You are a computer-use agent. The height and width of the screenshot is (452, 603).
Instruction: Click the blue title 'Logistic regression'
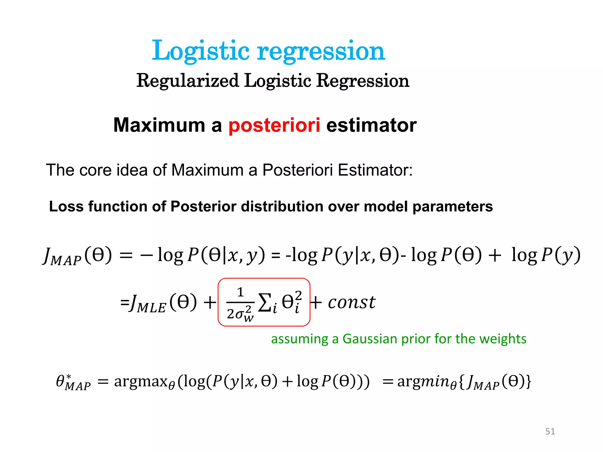pyautogui.click(x=268, y=51)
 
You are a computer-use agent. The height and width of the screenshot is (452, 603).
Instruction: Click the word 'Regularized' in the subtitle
pyautogui.click(x=188, y=81)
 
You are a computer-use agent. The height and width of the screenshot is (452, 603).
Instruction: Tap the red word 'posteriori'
pyautogui.click(x=274, y=125)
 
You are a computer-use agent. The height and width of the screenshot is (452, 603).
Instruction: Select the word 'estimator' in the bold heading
pyautogui.click(x=371, y=125)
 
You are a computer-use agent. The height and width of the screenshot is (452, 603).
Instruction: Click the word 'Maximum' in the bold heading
pyautogui.click(x=159, y=125)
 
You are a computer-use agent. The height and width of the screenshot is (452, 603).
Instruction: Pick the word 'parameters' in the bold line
pyautogui.click(x=453, y=206)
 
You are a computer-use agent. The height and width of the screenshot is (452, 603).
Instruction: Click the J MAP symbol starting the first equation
pyautogui.click(x=62, y=256)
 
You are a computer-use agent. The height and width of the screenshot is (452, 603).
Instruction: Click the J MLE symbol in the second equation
pyautogui.click(x=148, y=303)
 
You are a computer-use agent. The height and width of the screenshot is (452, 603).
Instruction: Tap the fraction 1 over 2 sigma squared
pyautogui.click(x=240, y=303)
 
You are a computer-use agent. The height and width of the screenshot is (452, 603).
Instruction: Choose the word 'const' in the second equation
pyautogui.click(x=352, y=302)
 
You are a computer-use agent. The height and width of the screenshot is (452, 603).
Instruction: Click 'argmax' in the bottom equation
pyautogui.click(x=141, y=382)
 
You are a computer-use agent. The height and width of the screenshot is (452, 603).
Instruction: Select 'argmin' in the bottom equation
pyautogui.click(x=423, y=382)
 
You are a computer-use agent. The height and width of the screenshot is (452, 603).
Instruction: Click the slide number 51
pyautogui.click(x=550, y=431)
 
